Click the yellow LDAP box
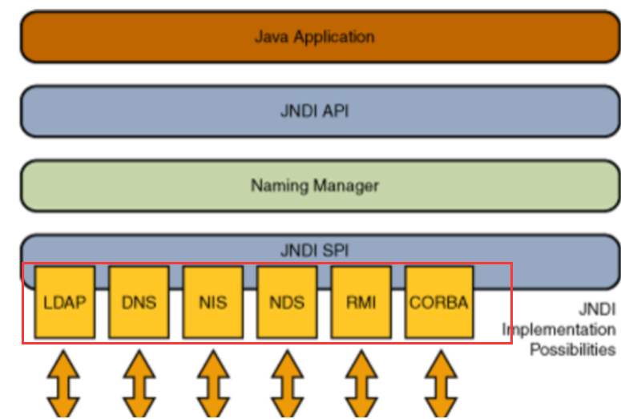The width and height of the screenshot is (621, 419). [x=65, y=302]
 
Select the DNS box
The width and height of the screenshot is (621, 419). [x=139, y=302]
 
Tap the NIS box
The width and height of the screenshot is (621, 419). [x=213, y=302]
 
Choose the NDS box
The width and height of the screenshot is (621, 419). [x=287, y=302]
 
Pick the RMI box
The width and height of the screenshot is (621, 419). [x=361, y=302]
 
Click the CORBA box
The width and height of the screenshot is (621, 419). [x=439, y=302]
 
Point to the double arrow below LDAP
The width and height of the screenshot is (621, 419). [x=63, y=384]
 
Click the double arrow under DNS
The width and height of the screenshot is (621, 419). [x=139, y=384]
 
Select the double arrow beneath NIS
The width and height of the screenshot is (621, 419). [x=213, y=384]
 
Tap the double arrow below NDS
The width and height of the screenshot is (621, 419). [x=288, y=384]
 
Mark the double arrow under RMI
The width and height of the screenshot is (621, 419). [x=361, y=384]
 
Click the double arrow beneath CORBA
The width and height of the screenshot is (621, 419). [x=442, y=384]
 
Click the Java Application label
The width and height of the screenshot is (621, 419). [x=314, y=37]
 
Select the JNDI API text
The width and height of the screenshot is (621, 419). [x=314, y=111]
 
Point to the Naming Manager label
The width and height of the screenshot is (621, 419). [x=315, y=186]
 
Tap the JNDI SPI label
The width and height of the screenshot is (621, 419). [x=314, y=250]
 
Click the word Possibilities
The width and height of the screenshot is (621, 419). [x=573, y=349]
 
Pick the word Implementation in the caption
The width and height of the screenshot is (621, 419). [x=558, y=329]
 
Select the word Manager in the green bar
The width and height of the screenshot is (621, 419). [x=346, y=186]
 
